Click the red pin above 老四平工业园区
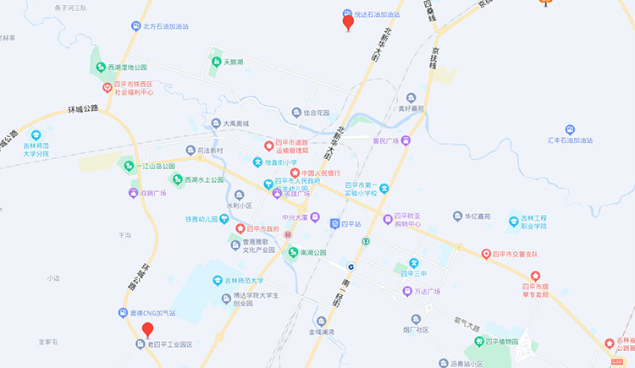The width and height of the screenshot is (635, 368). (x=147, y=330)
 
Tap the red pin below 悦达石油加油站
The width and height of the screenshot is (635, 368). (x=347, y=22)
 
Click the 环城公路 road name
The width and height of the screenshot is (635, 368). (x=83, y=109)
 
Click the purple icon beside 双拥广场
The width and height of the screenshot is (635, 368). (x=133, y=193)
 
